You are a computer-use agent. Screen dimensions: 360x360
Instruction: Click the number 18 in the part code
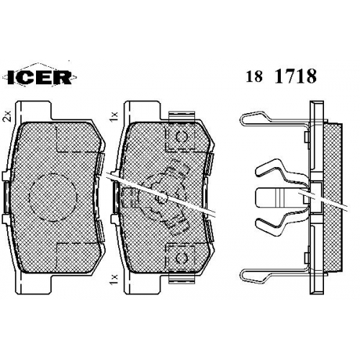coord(253,77)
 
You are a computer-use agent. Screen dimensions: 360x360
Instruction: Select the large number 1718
coord(295,76)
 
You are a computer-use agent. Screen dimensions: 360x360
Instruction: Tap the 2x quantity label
coord(7,116)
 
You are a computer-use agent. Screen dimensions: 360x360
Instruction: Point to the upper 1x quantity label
coord(115,116)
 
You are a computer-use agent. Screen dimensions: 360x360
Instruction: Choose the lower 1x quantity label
coord(115,279)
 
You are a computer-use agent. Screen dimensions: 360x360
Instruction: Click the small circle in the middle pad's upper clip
coord(181,138)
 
